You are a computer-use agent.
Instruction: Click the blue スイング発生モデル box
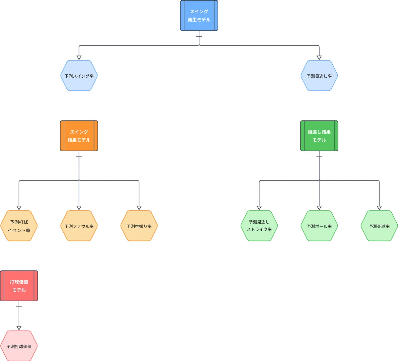tap(199, 16)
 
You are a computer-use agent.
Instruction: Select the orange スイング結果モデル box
tap(79, 136)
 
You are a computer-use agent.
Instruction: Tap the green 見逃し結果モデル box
tap(319, 136)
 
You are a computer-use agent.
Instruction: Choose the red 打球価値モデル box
tap(19, 286)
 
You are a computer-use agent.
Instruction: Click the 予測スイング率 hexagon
tap(79, 76)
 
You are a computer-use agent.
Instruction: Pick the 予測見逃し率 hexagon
tap(319, 76)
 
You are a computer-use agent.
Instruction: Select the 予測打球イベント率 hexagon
tap(19, 226)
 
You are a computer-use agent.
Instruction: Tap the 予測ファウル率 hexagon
tap(79, 226)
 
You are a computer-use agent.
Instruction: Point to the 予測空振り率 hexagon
tap(139, 226)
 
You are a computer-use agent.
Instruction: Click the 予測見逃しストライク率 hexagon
tap(259, 226)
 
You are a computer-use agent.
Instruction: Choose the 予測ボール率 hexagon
tap(319, 226)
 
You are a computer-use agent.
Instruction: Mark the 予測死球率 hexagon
tap(379, 226)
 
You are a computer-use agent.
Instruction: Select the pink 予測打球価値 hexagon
tap(19, 346)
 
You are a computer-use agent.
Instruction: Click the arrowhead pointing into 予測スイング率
tap(79, 58)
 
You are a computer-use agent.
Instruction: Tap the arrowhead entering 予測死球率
tap(379, 208)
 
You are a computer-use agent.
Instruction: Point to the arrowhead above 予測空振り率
tap(139, 208)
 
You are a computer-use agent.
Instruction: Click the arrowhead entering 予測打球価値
tap(19, 328)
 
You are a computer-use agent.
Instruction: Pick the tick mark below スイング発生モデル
tap(199, 36)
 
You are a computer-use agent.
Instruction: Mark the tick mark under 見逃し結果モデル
tap(319, 157)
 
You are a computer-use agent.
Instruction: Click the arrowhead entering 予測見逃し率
tap(319, 58)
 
